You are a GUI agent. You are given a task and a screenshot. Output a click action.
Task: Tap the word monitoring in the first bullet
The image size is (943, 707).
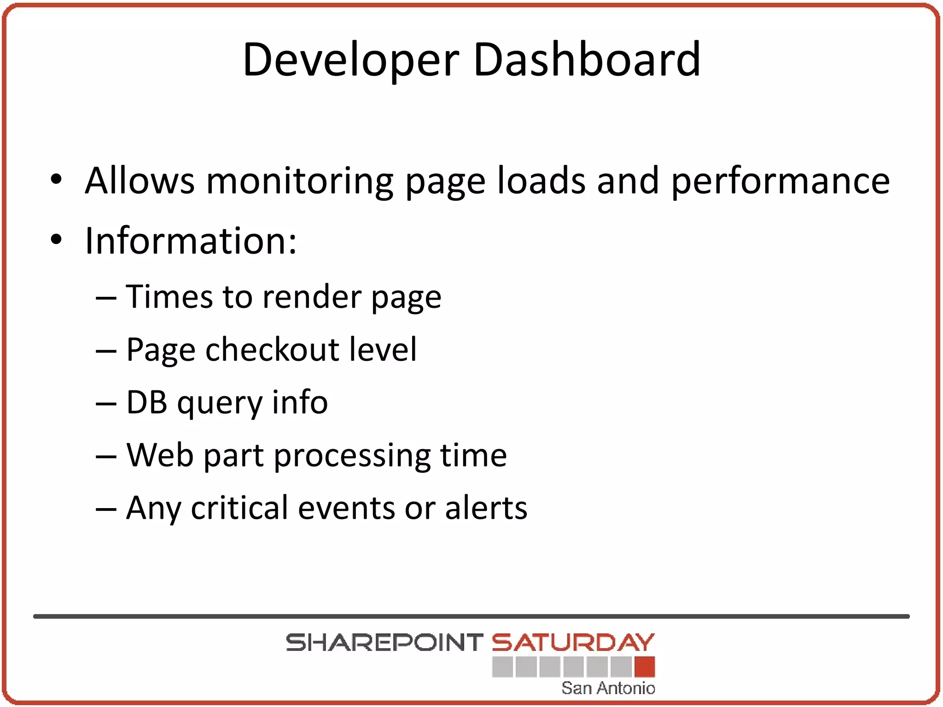(x=299, y=181)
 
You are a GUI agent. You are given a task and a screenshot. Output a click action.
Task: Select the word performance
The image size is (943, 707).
(x=780, y=181)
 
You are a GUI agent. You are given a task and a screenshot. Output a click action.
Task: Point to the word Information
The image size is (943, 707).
(x=191, y=240)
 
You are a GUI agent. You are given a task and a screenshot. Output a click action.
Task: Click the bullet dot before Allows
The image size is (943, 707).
(x=56, y=180)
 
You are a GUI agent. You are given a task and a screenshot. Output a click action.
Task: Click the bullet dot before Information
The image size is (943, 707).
(x=56, y=239)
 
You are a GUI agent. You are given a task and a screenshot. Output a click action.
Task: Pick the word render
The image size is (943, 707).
(x=312, y=297)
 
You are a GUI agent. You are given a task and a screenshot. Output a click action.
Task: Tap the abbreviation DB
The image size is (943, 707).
(x=146, y=402)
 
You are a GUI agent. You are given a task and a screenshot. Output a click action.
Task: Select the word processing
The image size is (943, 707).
(x=352, y=456)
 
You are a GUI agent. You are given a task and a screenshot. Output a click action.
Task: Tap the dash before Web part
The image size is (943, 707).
(x=106, y=456)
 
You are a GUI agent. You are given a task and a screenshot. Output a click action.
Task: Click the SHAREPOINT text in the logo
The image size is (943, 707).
(x=384, y=643)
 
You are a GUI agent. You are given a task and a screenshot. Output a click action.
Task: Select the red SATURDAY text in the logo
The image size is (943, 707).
(x=573, y=643)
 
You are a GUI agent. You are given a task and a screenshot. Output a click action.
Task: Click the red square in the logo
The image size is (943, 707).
(x=645, y=667)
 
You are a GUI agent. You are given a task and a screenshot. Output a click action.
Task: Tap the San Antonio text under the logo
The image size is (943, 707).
(x=608, y=688)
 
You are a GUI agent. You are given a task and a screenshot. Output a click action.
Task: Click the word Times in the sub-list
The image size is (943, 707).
(x=169, y=296)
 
